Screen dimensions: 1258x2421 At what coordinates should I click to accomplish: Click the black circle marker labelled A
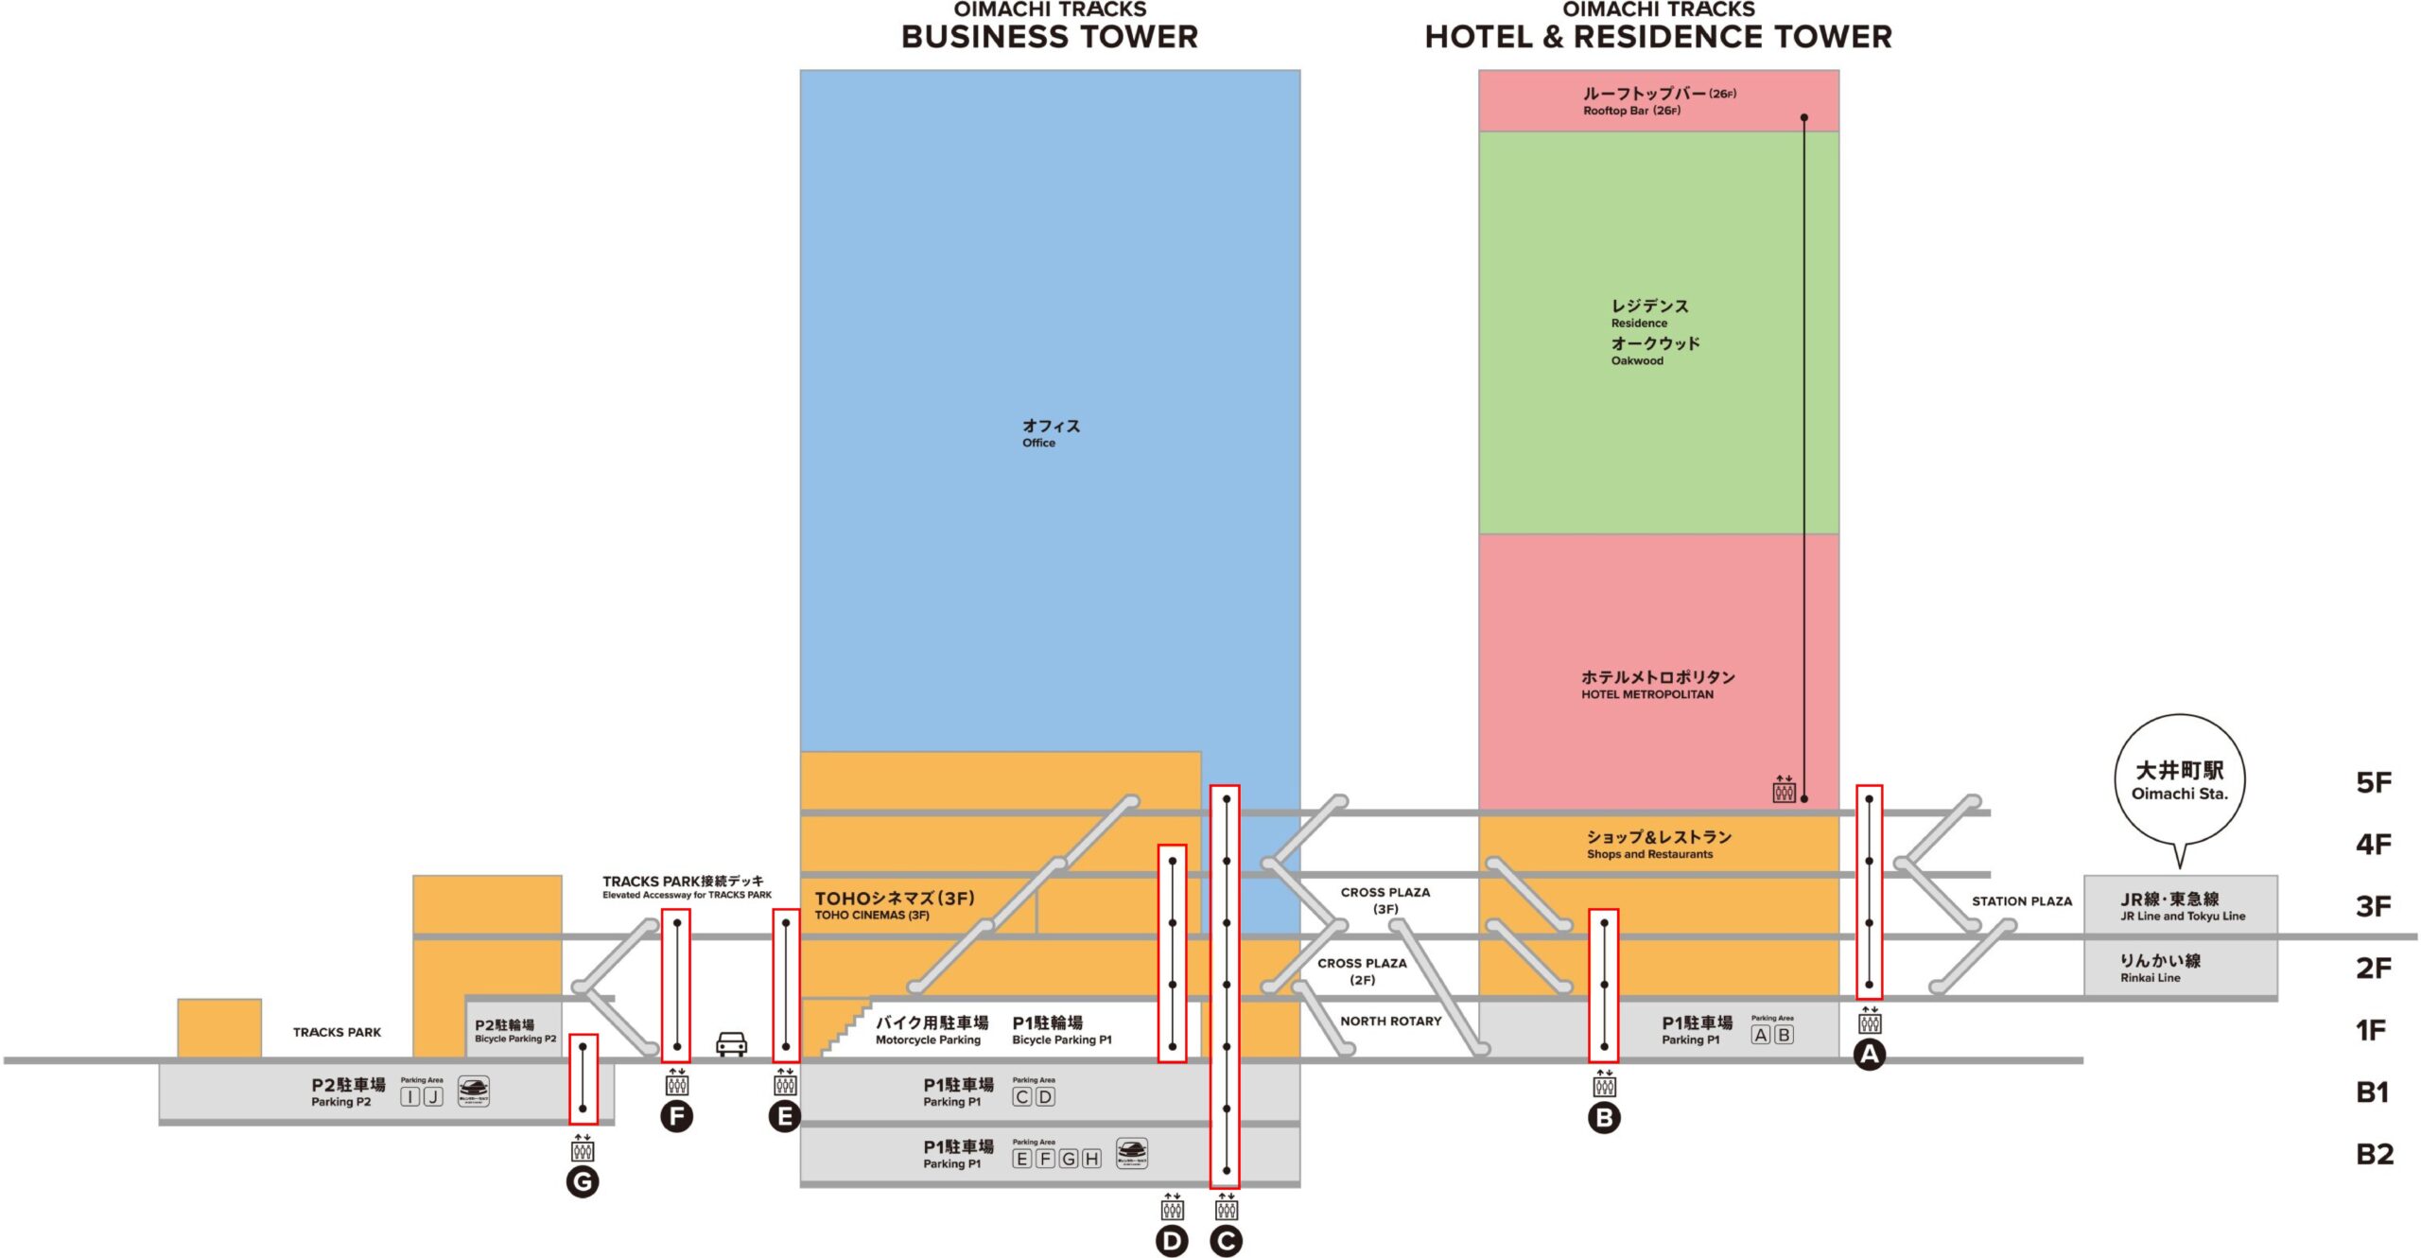(x=1869, y=1055)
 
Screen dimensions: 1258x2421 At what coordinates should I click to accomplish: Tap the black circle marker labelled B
(x=1604, y=1118)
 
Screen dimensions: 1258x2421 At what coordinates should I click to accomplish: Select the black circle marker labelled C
(x=1227, y=1241)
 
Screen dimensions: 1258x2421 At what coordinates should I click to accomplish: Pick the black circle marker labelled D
(x=1172, y=1241)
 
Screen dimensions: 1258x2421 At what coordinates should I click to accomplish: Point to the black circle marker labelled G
(x=583, y=1181)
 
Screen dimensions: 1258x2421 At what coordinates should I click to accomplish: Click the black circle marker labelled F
(x=676, y=1117)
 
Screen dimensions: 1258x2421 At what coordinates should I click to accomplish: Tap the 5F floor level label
(x=2373, y=783)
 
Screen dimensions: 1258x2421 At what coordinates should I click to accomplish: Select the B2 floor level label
(x=2374, y=1154)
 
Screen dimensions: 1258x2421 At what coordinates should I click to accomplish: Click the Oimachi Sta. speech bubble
(x=2179, y=781)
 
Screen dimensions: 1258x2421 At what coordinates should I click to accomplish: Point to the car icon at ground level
(x=731, y=1044)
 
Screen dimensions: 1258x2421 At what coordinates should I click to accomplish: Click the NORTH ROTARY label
(x=1390, y=1022)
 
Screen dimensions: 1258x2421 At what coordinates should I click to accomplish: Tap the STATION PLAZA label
(x=2021, y=901)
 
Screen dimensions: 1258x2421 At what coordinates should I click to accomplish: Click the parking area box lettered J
(x=433, y=1097)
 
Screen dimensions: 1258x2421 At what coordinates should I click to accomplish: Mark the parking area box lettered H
(x=1091, y=1159)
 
